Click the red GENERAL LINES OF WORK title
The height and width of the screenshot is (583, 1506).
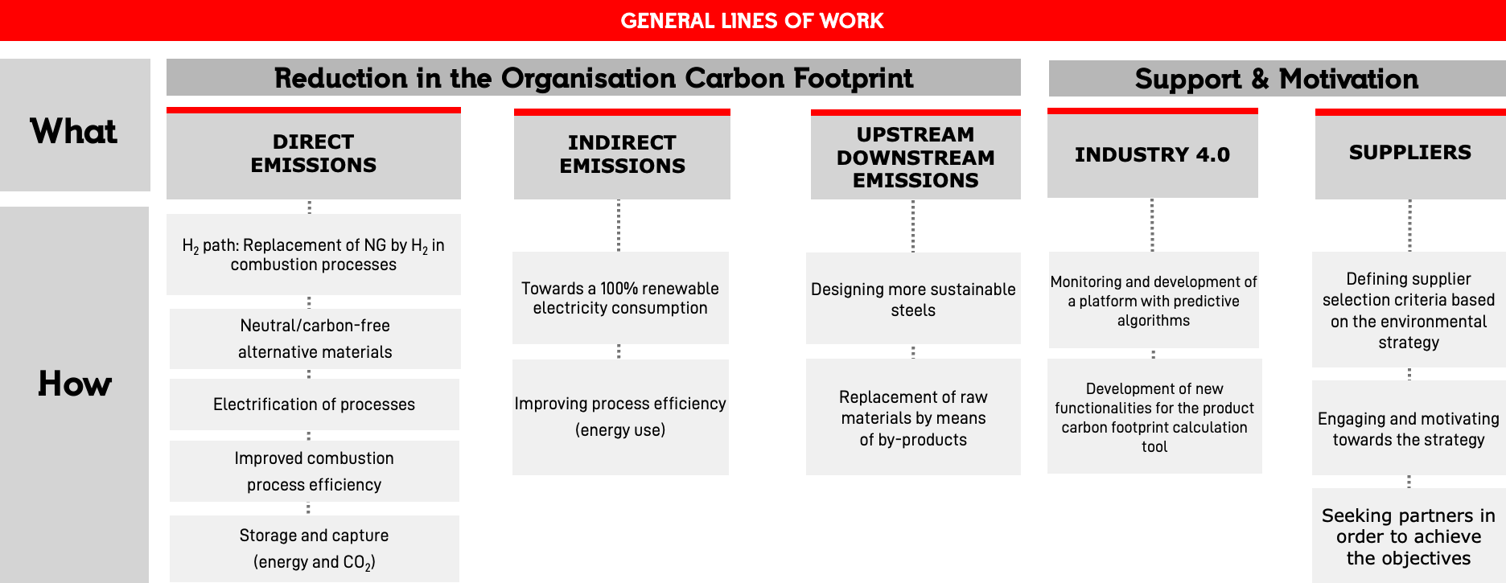click(752, 21)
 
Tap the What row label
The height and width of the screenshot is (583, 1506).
click(73, 131)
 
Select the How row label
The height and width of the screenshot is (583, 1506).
click(74, 384)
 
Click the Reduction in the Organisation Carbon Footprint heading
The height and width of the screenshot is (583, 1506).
click(594, 78)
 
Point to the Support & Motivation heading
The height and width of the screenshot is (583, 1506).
click(1277, 79)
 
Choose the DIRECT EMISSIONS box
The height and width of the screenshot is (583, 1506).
click(314, 153)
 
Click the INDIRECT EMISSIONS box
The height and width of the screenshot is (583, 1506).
click(622, 154)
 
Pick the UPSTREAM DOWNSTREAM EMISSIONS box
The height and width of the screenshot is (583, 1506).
click(916, 154)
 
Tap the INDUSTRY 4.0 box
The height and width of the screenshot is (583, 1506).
click(1153, 153)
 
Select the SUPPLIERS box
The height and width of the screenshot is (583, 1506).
click(1410, 154)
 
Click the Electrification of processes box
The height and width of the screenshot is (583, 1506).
click(315, 404)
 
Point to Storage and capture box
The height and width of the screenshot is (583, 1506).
click(315, 548)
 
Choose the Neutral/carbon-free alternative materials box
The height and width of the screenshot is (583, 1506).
click(315, 339)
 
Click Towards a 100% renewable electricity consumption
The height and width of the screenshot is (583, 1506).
click(620, 298)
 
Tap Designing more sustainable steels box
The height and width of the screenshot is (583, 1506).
click(913, 298)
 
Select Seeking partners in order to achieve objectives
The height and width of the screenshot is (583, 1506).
click(1409, 536)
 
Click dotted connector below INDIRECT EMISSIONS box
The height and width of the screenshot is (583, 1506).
click(619, 226)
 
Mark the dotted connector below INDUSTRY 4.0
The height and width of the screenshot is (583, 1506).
click(1152, 225)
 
